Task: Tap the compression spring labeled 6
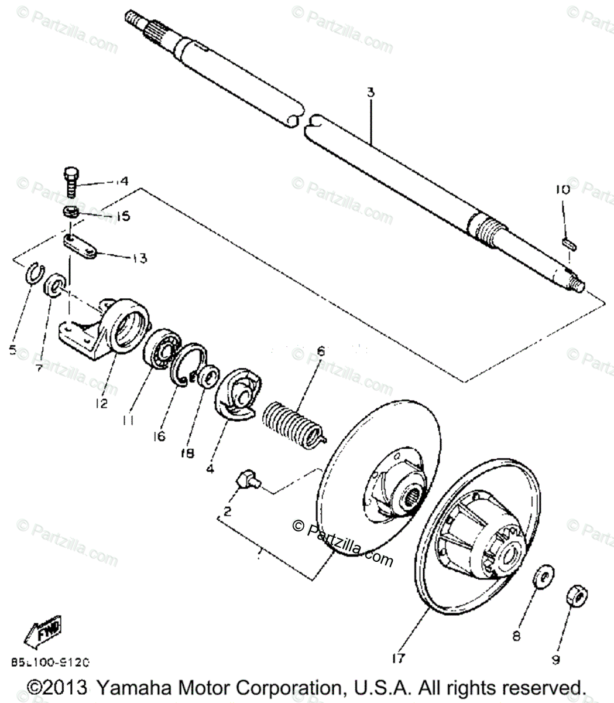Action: tap(291, 420)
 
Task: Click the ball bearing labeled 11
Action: tap(162, 350)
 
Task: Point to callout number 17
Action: tap(399, 659)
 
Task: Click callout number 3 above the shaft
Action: tap(371, 93)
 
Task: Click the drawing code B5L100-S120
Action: tap(50, 663)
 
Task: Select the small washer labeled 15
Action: tap(71, 211)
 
